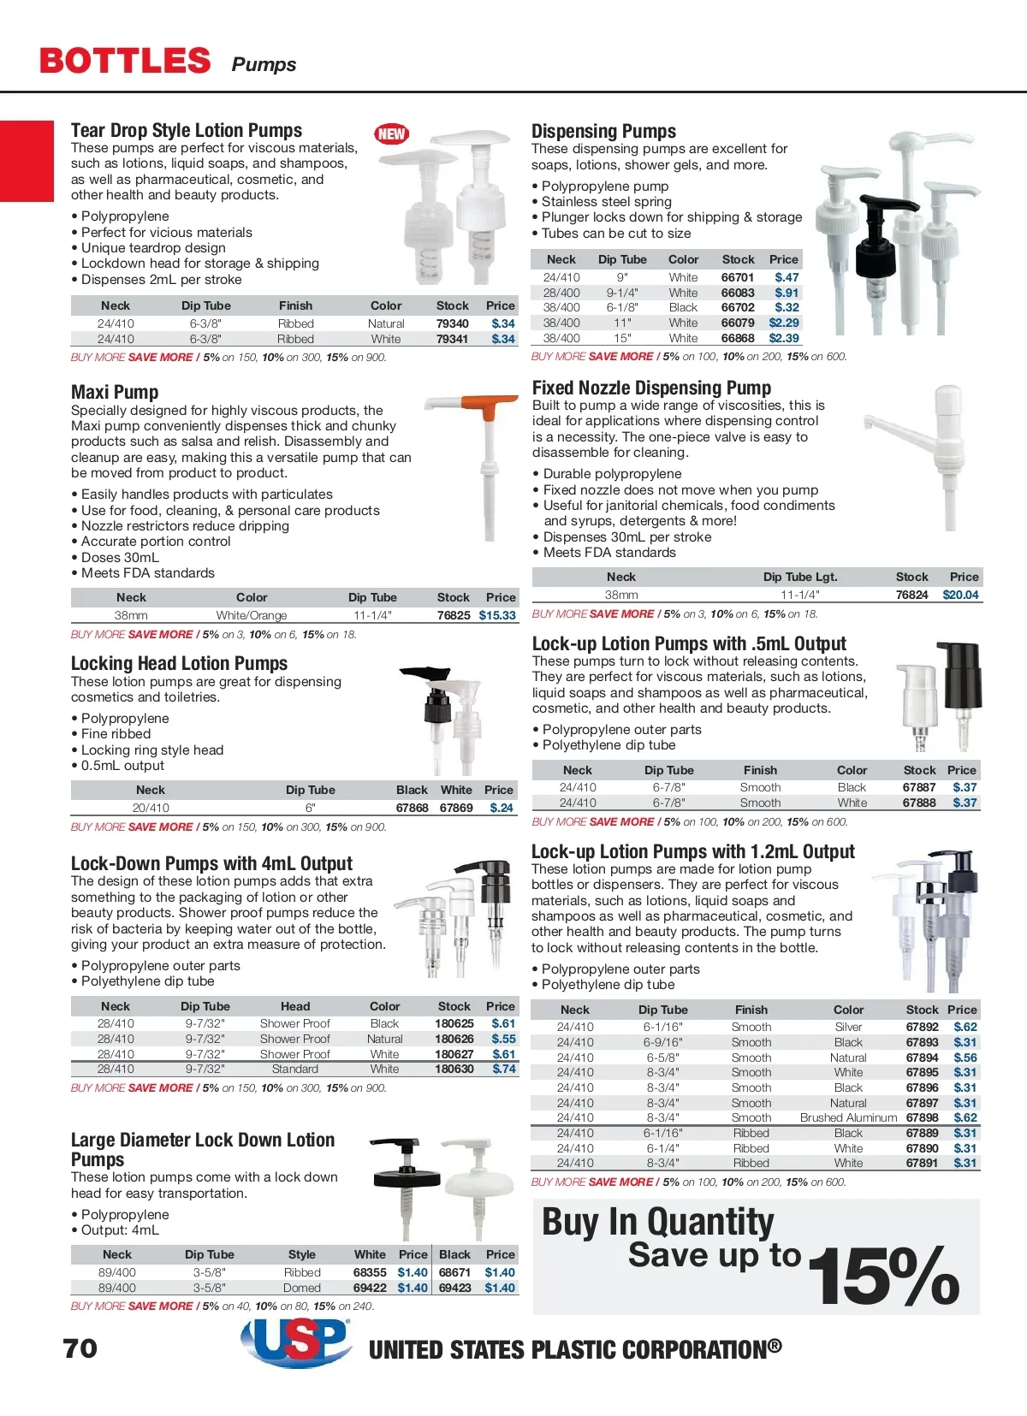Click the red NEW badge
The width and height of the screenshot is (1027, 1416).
[x=391, y=133]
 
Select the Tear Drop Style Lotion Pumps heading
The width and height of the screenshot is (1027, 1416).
[x=187, y=130]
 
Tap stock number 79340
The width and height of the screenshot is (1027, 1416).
[x=452, y=323]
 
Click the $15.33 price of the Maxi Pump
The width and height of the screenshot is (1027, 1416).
[x=497, y=615]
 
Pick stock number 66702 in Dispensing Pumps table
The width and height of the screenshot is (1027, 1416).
[x=738, y=307]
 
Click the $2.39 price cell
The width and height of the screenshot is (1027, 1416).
[x=784, y=338]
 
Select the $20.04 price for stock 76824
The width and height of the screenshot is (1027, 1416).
[x=960, y=595]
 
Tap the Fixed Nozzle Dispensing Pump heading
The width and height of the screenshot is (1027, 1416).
[x=651, y=388]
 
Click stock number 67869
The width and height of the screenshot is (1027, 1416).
[x=456, y=808]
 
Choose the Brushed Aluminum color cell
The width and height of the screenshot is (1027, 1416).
[x=848, y=1117]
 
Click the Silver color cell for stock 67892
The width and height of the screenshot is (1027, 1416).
[x=848, y=1027]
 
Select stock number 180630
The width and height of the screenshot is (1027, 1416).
[x=454, y=1069]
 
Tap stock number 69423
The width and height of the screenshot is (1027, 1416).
[x=455, y=1288]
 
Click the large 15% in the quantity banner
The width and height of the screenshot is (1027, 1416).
[x=883, y=1275]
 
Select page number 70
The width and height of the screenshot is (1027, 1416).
[x=80, y=1348]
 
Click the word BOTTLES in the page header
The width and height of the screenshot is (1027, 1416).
[x=125, y=61]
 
